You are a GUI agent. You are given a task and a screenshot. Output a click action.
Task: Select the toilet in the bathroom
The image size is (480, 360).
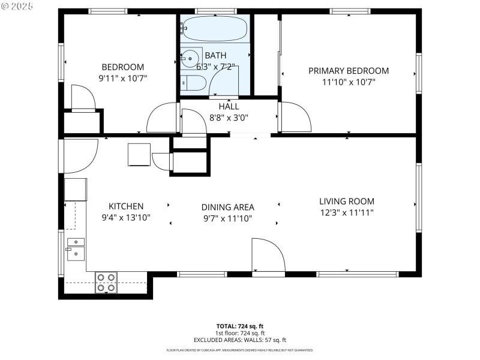[x=191, y=83]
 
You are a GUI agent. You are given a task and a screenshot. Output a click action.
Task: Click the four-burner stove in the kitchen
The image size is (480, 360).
[x=106, y=283]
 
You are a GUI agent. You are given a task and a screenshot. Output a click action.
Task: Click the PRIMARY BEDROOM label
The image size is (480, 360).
[x=348, y=71]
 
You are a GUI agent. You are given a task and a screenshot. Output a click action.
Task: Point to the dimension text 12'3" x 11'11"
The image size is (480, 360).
[x=346, y=212]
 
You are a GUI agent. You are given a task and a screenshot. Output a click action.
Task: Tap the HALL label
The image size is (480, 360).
[x=228, y=107]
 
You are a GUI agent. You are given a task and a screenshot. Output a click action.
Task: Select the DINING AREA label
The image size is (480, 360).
[x=227, y=207]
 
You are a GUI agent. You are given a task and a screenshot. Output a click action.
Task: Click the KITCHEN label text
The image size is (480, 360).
[x=125, y=206]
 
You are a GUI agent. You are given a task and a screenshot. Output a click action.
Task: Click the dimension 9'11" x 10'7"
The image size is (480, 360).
[x=122, y=78]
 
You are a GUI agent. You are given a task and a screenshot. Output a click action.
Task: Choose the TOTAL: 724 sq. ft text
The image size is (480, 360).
[x=239, y=326]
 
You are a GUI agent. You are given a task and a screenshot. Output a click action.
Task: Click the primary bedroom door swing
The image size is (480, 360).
[x=294, y=117]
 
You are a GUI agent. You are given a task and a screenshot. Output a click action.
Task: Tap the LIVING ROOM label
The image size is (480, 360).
[x=346, y=202]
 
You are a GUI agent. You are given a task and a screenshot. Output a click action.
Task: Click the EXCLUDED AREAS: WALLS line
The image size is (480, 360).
[x=239, y=340]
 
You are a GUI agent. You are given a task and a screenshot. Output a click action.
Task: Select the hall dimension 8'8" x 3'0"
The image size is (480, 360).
[x=228, y=118]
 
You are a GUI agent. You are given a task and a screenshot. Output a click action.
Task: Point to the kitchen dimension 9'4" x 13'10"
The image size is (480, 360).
[x=125, y=217]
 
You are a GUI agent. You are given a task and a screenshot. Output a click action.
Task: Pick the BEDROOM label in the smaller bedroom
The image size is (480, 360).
[x=122, y=67]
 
